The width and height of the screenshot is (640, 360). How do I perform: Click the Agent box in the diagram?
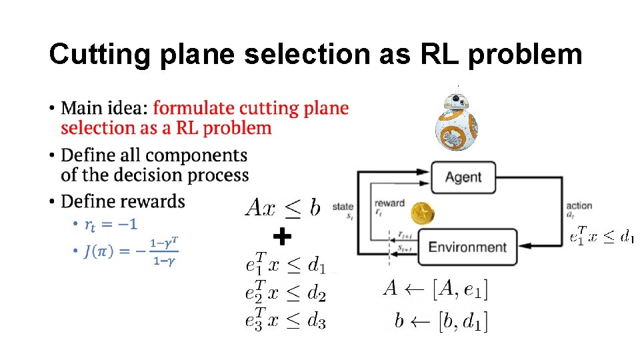click(x=463, y=177)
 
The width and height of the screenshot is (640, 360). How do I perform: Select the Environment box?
click(x=467, y=247)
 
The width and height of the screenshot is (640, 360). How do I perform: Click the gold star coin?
click(x=422, y=214)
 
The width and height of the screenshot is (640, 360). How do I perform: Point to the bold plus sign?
click(x=283, y=236)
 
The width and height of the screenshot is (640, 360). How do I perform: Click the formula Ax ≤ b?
click(x=283, y=207)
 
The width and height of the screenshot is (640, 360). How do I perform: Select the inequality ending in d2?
click(x=285, y=293)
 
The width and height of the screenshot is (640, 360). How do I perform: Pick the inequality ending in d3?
click(x=285, y=320)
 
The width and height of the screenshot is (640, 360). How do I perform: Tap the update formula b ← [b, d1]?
click(x=441, y=321)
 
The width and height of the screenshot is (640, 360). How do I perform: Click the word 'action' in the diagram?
click(x=579, y=205)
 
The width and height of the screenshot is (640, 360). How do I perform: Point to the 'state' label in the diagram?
click(x=343, y=207)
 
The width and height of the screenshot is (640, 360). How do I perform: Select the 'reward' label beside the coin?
click(x=389, y=203)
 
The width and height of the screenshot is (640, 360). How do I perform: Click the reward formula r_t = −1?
click(x=111, y=224)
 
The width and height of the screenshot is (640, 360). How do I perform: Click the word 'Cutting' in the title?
click(x=100, y=55)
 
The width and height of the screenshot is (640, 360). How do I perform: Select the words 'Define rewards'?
click(x=123, y=201)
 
